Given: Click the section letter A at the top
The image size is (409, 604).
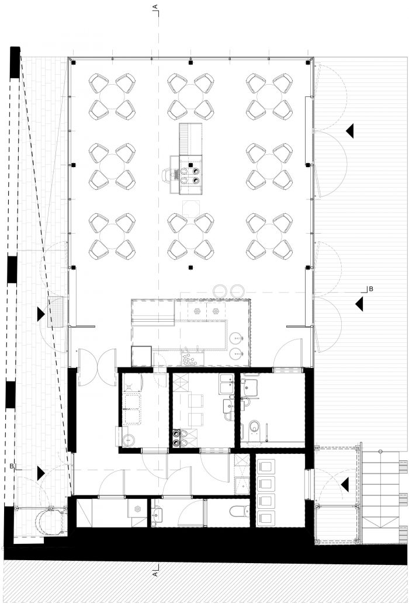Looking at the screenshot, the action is click(155, 6).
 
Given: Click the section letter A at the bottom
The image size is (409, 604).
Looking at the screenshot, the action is click(155, 574).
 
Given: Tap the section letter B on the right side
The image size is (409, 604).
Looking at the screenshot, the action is click(371, 289).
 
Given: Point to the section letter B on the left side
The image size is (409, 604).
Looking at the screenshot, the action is click(12, 467).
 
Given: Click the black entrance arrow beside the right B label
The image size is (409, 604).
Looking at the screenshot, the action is click(359, 304).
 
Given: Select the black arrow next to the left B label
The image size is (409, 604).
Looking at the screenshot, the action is click(40, 473).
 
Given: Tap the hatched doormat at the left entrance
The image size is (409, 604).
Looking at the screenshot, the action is click(56, 313).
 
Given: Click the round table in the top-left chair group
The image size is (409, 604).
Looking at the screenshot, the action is click(112, 96).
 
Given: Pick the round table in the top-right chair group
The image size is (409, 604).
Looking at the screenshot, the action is click(269, 96).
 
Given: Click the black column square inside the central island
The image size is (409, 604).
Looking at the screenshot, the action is click(190, 165).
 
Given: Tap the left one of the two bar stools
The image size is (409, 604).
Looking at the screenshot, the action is click(220, 290).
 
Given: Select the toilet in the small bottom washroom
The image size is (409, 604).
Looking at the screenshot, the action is click(237, 511).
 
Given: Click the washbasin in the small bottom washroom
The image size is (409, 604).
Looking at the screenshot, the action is click(157, 515).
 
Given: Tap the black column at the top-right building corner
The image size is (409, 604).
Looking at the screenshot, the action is click(308, 63).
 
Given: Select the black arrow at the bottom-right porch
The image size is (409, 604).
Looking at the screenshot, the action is click(345, 484).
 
